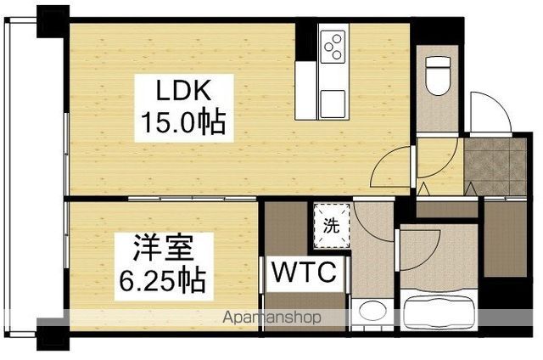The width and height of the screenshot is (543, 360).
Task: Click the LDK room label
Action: pyautogui.click(x=183, y=90)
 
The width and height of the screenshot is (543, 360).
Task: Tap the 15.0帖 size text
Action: pyautogui.click(x=183, y=122)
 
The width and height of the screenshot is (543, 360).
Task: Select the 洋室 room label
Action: pyautogui.click(x=164, y=247)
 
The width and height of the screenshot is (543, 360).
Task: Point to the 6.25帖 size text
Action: pyautogui.click(x=163, y=280)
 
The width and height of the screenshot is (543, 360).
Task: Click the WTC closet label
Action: pyautogui.click(x=304, y=272)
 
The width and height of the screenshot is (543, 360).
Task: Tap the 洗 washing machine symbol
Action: pyautogui.click(x=332, y=226)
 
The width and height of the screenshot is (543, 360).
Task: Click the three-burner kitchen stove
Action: pyautogui.click(x=333, y=47)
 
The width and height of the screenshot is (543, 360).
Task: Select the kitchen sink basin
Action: pyautogui.click(x=333, y=104)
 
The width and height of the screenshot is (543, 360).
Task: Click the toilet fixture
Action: pyautogui.click(x=438, y=76)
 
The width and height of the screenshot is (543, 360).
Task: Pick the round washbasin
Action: pyautogui.click(x=372, y=310)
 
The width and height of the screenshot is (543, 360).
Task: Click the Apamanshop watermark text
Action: pyautogui.click(x=272, y=317)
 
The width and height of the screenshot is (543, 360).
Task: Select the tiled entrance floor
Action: pyautogui.click(x=495, y=166)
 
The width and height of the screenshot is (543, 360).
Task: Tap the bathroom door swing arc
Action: pyautogui.click(x=432, y=257)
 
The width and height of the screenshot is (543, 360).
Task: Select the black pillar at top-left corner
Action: pyautogui.click(x=53, y=21)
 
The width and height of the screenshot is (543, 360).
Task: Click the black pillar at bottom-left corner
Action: pyautogui.click(x=53, y=335)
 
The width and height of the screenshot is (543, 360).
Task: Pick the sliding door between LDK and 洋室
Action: pyautogui.click(x=193, y=199)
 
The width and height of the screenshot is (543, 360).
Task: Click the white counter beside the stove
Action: pyautogui.click(x=306, y=91)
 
